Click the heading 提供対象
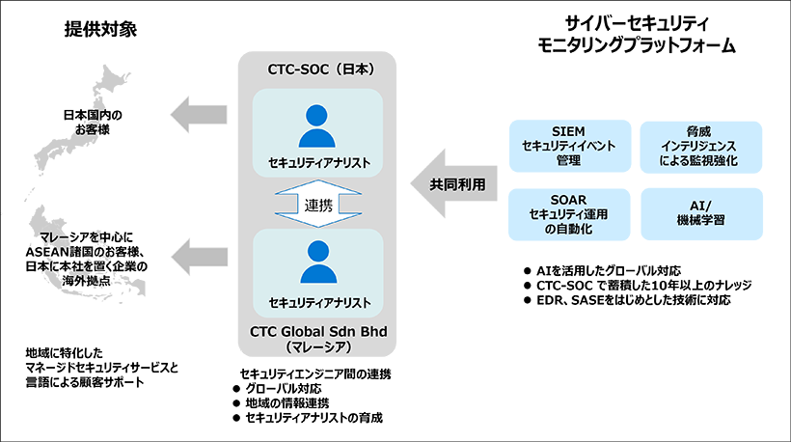100,28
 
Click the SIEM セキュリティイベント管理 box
569,145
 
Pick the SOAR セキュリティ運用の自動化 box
569,213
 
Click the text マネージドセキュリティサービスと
102,368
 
